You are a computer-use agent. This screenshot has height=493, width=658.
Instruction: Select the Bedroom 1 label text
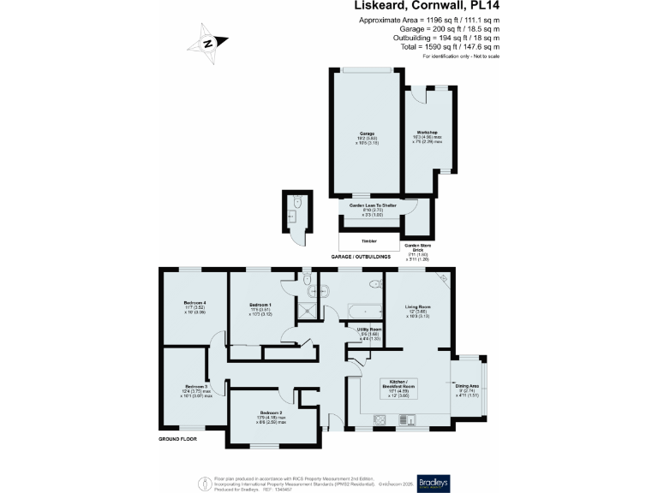tap(260, 305)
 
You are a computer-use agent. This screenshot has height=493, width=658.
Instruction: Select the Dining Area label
tap(467, 386)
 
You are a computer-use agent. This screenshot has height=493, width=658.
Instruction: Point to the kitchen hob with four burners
tap(381, 419)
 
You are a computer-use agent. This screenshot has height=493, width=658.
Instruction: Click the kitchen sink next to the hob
tap(406, 419)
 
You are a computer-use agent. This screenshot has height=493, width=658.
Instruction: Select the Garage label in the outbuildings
tap(367, 134)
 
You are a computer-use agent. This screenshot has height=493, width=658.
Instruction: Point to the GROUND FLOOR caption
tap(178, 438)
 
